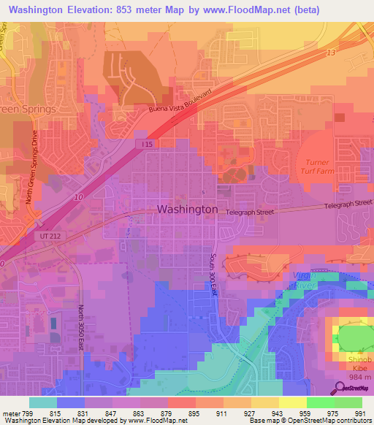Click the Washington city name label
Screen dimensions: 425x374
point(187,209)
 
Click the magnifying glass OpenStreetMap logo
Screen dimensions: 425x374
point(341,388)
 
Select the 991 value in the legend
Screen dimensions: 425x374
point(359,413)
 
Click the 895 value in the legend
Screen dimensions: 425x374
point(194,413)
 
